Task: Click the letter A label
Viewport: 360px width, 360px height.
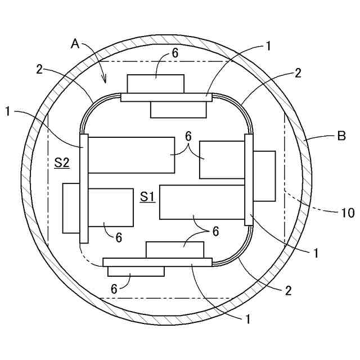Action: click(x=75, y=43)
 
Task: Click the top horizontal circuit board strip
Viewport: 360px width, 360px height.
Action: click(x=166, y=97)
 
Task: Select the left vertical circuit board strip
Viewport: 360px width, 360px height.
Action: click(x=84, y=188)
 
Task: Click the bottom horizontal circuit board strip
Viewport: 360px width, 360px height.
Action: click(x=157, y=262)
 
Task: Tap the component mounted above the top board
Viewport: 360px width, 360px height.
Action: click(x=155, y=84)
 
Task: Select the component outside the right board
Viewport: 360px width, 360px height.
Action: click(x=264, y=176)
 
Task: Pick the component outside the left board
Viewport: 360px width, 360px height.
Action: click(x=71, y=208)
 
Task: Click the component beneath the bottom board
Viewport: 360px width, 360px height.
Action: click(x=136, y=271)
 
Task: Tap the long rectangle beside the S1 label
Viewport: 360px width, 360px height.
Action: click(x=202, y=201)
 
